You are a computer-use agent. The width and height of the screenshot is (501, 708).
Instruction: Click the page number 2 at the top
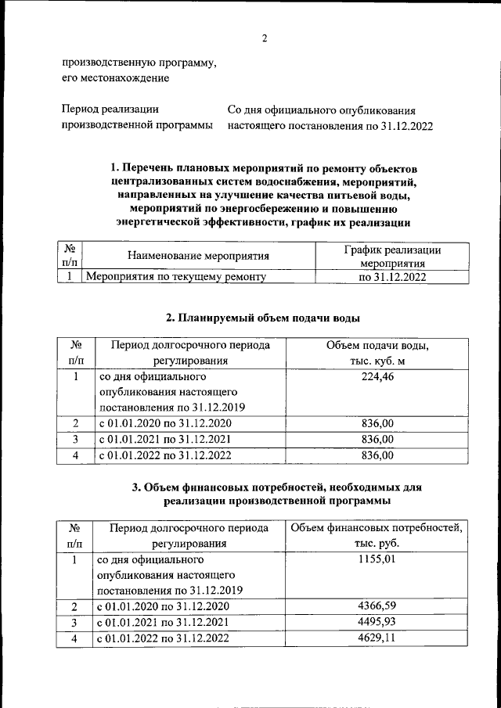(x=265, y=39)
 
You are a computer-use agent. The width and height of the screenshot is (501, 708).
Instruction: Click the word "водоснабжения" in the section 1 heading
(x=250, y=181)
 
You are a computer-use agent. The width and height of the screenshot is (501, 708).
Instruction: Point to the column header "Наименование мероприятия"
(x=198, y=256)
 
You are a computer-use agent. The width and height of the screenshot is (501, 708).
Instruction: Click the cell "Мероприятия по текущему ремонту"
(x=176, y=276)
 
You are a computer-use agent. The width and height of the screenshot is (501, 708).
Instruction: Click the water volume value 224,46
(x=377, y=378)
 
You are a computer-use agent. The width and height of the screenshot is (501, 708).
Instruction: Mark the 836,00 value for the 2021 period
(x=377, y=439)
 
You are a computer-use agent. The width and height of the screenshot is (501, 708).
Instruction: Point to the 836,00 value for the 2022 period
(x=377, y=455)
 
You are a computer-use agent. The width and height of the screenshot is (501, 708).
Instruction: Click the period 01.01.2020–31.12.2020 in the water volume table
(x=164, y=423)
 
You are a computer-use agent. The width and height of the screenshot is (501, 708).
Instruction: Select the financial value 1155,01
(x=377, y=560)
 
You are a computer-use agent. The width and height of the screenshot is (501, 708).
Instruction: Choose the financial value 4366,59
(x=377, y=606)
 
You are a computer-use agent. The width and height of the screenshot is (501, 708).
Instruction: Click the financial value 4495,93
(x=377, y=622)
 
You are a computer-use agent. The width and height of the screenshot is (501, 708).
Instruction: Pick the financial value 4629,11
(x=377, y=638)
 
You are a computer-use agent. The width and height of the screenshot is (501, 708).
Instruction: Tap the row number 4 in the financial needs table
(x=75, y=638)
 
